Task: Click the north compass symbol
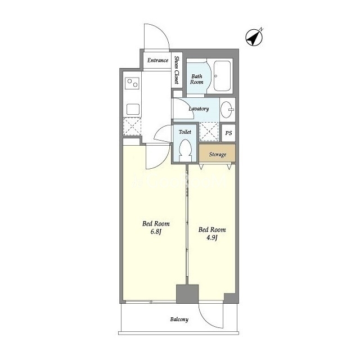click(254, 37)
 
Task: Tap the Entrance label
click(157, 60)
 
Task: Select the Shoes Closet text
click(177, 70)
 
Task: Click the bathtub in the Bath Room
click(222, 76)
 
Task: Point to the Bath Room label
click(197, 79)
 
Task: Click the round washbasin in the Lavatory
click(227, 110)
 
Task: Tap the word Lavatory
click(199, 109)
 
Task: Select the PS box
click(228, 133)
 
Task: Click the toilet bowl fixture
click(186, 150)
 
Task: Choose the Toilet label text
click(185, 132)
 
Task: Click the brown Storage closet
click(217, 153)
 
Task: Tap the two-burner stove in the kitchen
click(132, 83)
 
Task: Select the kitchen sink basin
click(133, 109)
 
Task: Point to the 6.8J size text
click(156, 232)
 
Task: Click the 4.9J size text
click(211, 237)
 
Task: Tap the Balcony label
click(179, 319)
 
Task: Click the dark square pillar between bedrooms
click(187, 294)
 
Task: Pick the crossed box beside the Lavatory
click(209, 132)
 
